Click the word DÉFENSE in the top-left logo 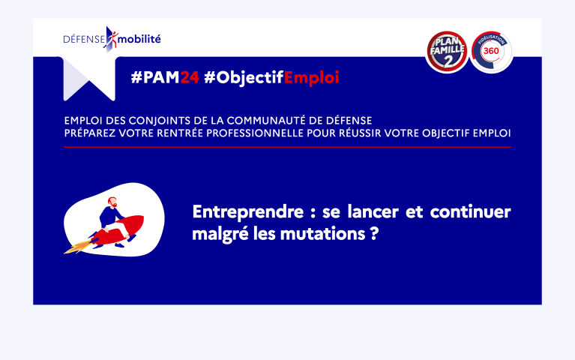84,39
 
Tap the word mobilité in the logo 139,39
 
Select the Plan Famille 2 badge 447,52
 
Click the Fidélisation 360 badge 491,52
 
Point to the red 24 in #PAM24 190,77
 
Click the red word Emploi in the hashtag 311,78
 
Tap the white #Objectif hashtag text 244,78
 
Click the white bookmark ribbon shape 89,79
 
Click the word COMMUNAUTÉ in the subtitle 266,120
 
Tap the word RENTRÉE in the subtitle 180,133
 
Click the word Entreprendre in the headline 248,212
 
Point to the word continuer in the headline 471,211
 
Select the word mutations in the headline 322,234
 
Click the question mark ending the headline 374,233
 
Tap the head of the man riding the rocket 112,202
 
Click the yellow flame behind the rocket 78,247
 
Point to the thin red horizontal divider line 287,147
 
